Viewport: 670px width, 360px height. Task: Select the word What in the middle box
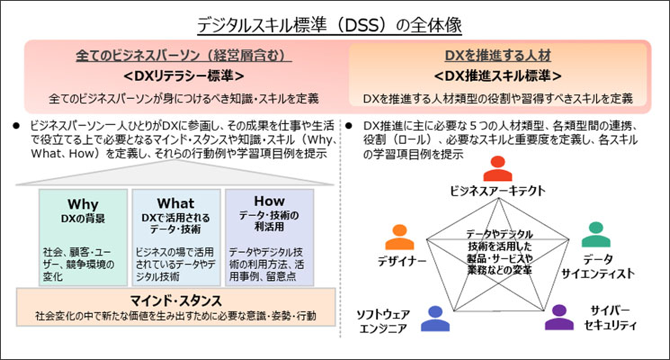click(x=175, y=203)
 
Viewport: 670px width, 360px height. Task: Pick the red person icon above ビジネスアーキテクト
click(x=496, y=170)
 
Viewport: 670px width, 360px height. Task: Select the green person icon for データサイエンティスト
click(x=595, y=234)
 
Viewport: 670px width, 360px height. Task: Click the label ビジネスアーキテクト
click(x=496, y=193)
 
